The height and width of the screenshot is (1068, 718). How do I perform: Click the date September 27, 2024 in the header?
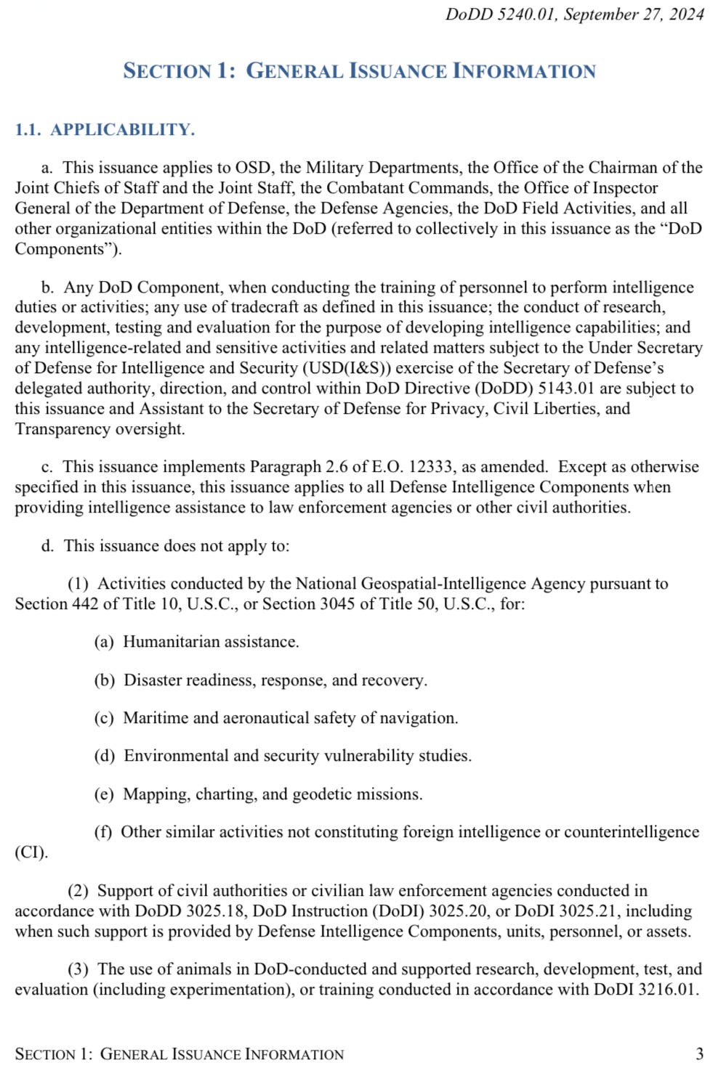tap(634, 15)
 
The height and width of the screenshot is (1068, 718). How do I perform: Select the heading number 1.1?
tap(28, 130)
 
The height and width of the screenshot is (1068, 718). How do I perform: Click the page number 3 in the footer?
tap(699, 1053)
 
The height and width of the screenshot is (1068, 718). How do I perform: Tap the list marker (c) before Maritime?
tap(104, 718)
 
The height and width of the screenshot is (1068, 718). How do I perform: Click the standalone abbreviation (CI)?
tap(31, 852)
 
